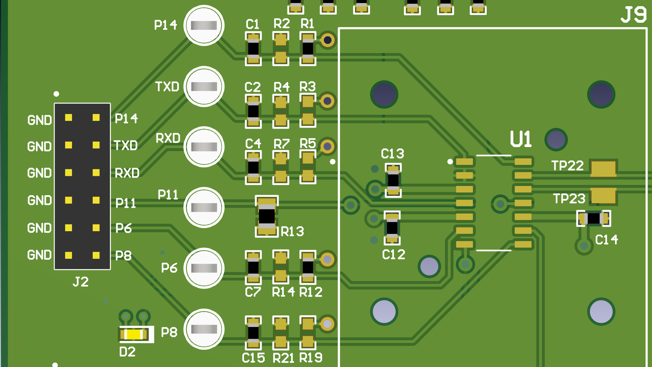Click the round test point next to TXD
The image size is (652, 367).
[x=204, y=87]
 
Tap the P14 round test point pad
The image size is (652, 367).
[x=204, y=25]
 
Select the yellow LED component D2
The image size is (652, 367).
[x=134, y=335]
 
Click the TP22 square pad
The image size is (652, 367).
[x=603, y=168]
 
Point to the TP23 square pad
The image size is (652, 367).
[x=603, y=196]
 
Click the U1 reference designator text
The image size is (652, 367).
[x=521, y=139]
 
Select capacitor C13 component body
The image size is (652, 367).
[x=393, y=180]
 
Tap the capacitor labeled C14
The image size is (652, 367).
[x=594, y=218]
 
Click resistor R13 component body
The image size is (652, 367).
[x=267, y=216]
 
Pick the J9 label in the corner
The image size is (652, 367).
[x=633, y=15]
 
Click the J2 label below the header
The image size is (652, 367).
[x=81, y=282]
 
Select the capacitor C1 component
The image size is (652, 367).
[x=253, y=49]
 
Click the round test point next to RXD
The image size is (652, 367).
[x=204, y=147]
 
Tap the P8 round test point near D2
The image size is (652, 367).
[x=204, y=329]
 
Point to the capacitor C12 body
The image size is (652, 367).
[x=392, y=227]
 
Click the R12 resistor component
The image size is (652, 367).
[x=308, y=267]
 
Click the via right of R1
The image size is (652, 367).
[x=328, y=40]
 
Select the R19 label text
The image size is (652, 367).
[x=311, y=357]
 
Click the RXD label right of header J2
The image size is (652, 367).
[x=127, y=173]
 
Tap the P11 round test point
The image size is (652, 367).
[x=204, y=207]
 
